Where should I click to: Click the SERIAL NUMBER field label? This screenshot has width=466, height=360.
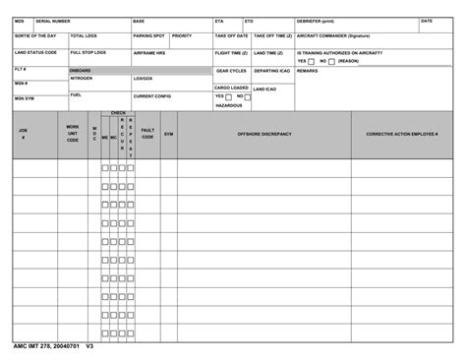53,21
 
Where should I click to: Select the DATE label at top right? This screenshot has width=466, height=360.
426,21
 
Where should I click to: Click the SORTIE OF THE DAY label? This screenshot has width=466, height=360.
35,35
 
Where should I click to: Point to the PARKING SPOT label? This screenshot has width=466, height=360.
148,35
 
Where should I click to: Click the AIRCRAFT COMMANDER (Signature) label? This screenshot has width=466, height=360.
340,35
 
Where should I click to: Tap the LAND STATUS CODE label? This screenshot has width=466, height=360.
35,52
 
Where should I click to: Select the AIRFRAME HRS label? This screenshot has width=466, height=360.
149,53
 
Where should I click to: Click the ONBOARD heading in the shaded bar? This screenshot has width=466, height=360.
81,71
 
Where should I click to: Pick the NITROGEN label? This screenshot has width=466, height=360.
82,79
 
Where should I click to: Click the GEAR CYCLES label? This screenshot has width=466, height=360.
231,71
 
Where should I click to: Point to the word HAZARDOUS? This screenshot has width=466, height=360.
228,105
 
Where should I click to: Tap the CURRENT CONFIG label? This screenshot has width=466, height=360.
152,96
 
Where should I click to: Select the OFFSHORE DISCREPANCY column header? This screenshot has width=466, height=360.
264,134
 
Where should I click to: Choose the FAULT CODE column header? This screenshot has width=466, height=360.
147,133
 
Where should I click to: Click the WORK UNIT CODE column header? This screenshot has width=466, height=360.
73,134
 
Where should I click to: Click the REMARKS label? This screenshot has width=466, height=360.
307,71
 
